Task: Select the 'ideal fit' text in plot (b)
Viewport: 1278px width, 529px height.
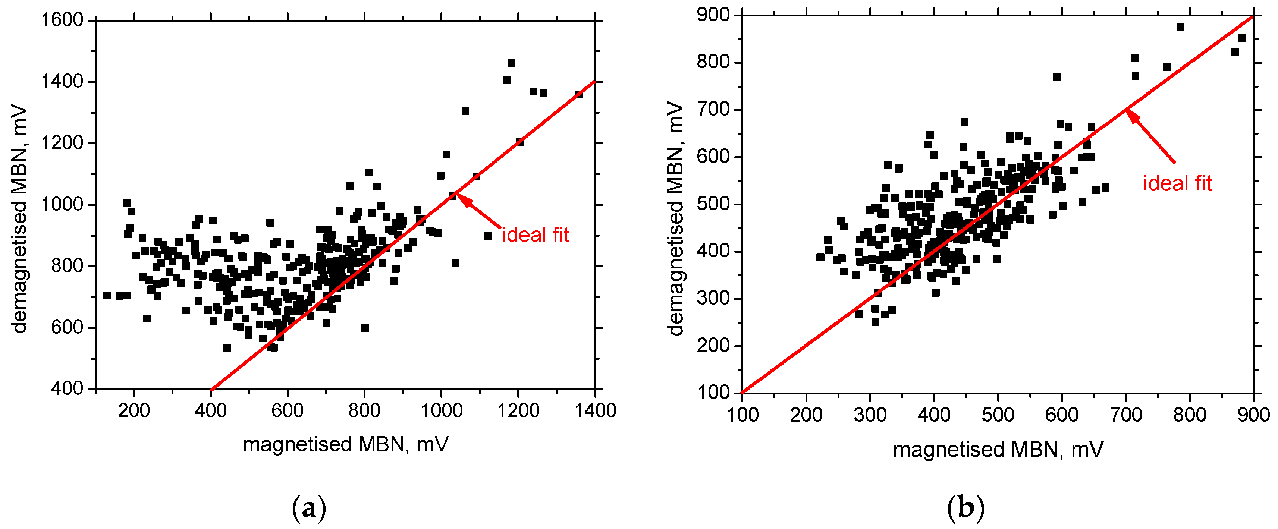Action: pyautogui.click(x=1177, y=183)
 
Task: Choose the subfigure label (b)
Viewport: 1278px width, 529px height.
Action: pyautogui.click(x=965, y=508)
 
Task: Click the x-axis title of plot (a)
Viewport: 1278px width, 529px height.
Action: pyautogui.click(x=345, y=444)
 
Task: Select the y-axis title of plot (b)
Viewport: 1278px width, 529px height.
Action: pyautogui.click(x=676, y=218)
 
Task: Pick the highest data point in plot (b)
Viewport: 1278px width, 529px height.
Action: pyautogui.click(x=1180, y=27)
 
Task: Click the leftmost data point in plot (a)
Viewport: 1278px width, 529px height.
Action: pyautogui.click(x=107, y=296)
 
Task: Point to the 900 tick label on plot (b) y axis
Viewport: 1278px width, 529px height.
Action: pyautogui.click(x=713, y=15)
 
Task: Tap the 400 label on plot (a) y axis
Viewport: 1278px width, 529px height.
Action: pyautogui.click(x=67, y=389)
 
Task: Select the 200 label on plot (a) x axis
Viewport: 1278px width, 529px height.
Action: pyautogui.click(x=134, y=410)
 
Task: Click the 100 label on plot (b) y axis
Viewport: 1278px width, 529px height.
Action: pyautogui.click(x=713, y=393)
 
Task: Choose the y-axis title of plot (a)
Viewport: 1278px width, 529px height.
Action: pyautogui.click(x=20, y=218)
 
